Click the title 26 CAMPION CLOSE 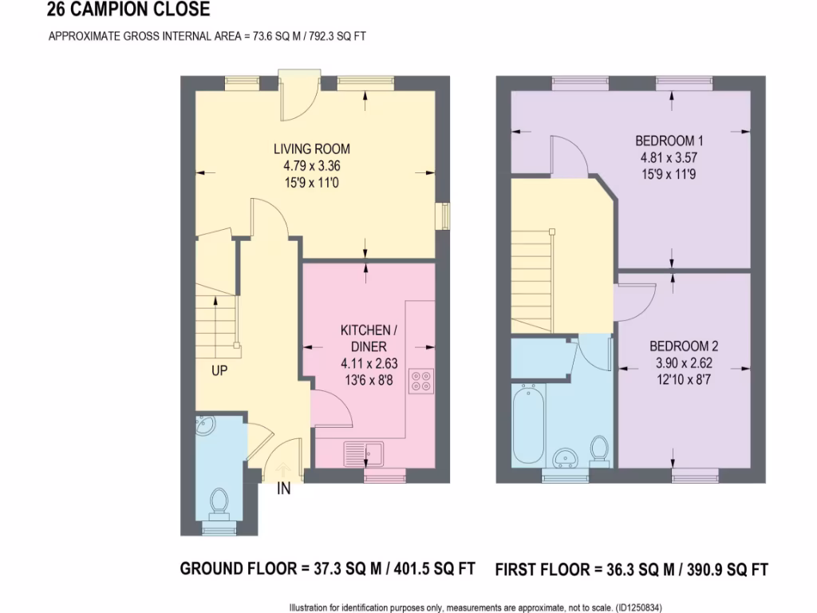[x=128, y=10]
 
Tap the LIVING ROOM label [x=311, y=149]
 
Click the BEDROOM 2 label [x=683, y=346]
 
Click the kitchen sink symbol [x=364, y=453]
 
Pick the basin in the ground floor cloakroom [x=203, y=426]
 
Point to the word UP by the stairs [x=221, y=371]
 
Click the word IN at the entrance [x=283, y=489]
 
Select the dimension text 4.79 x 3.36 [x=311, y=166]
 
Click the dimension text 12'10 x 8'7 [x=683, y=378]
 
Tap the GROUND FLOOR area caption [x=327, y=569]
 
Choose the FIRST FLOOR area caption [x=631, y=570]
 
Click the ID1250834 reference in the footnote [x=639, y=607]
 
